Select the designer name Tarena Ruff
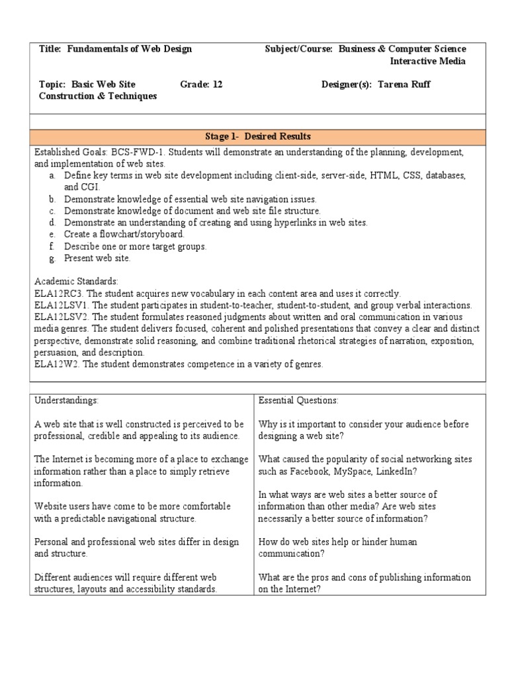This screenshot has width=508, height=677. (403, 85)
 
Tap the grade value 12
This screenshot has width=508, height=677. (217, 85)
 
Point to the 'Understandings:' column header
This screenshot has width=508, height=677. (66, 400)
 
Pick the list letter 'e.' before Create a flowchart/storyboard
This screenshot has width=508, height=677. (52, 234)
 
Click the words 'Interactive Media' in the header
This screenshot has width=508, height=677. (428, 61)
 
